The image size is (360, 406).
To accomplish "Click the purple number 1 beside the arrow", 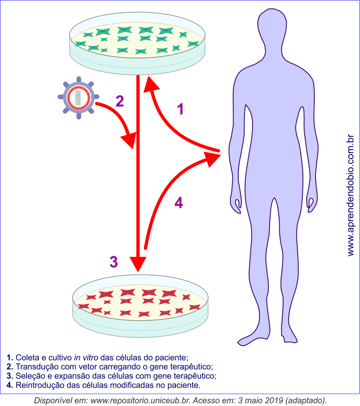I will [x=180, y=109].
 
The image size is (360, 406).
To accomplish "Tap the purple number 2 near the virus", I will [x=120, y=101].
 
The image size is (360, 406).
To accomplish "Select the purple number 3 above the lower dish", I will [x=113, y=262].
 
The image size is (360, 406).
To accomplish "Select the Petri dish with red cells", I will [x=140, y=306].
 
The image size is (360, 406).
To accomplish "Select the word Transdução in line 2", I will [x=35, y=366].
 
